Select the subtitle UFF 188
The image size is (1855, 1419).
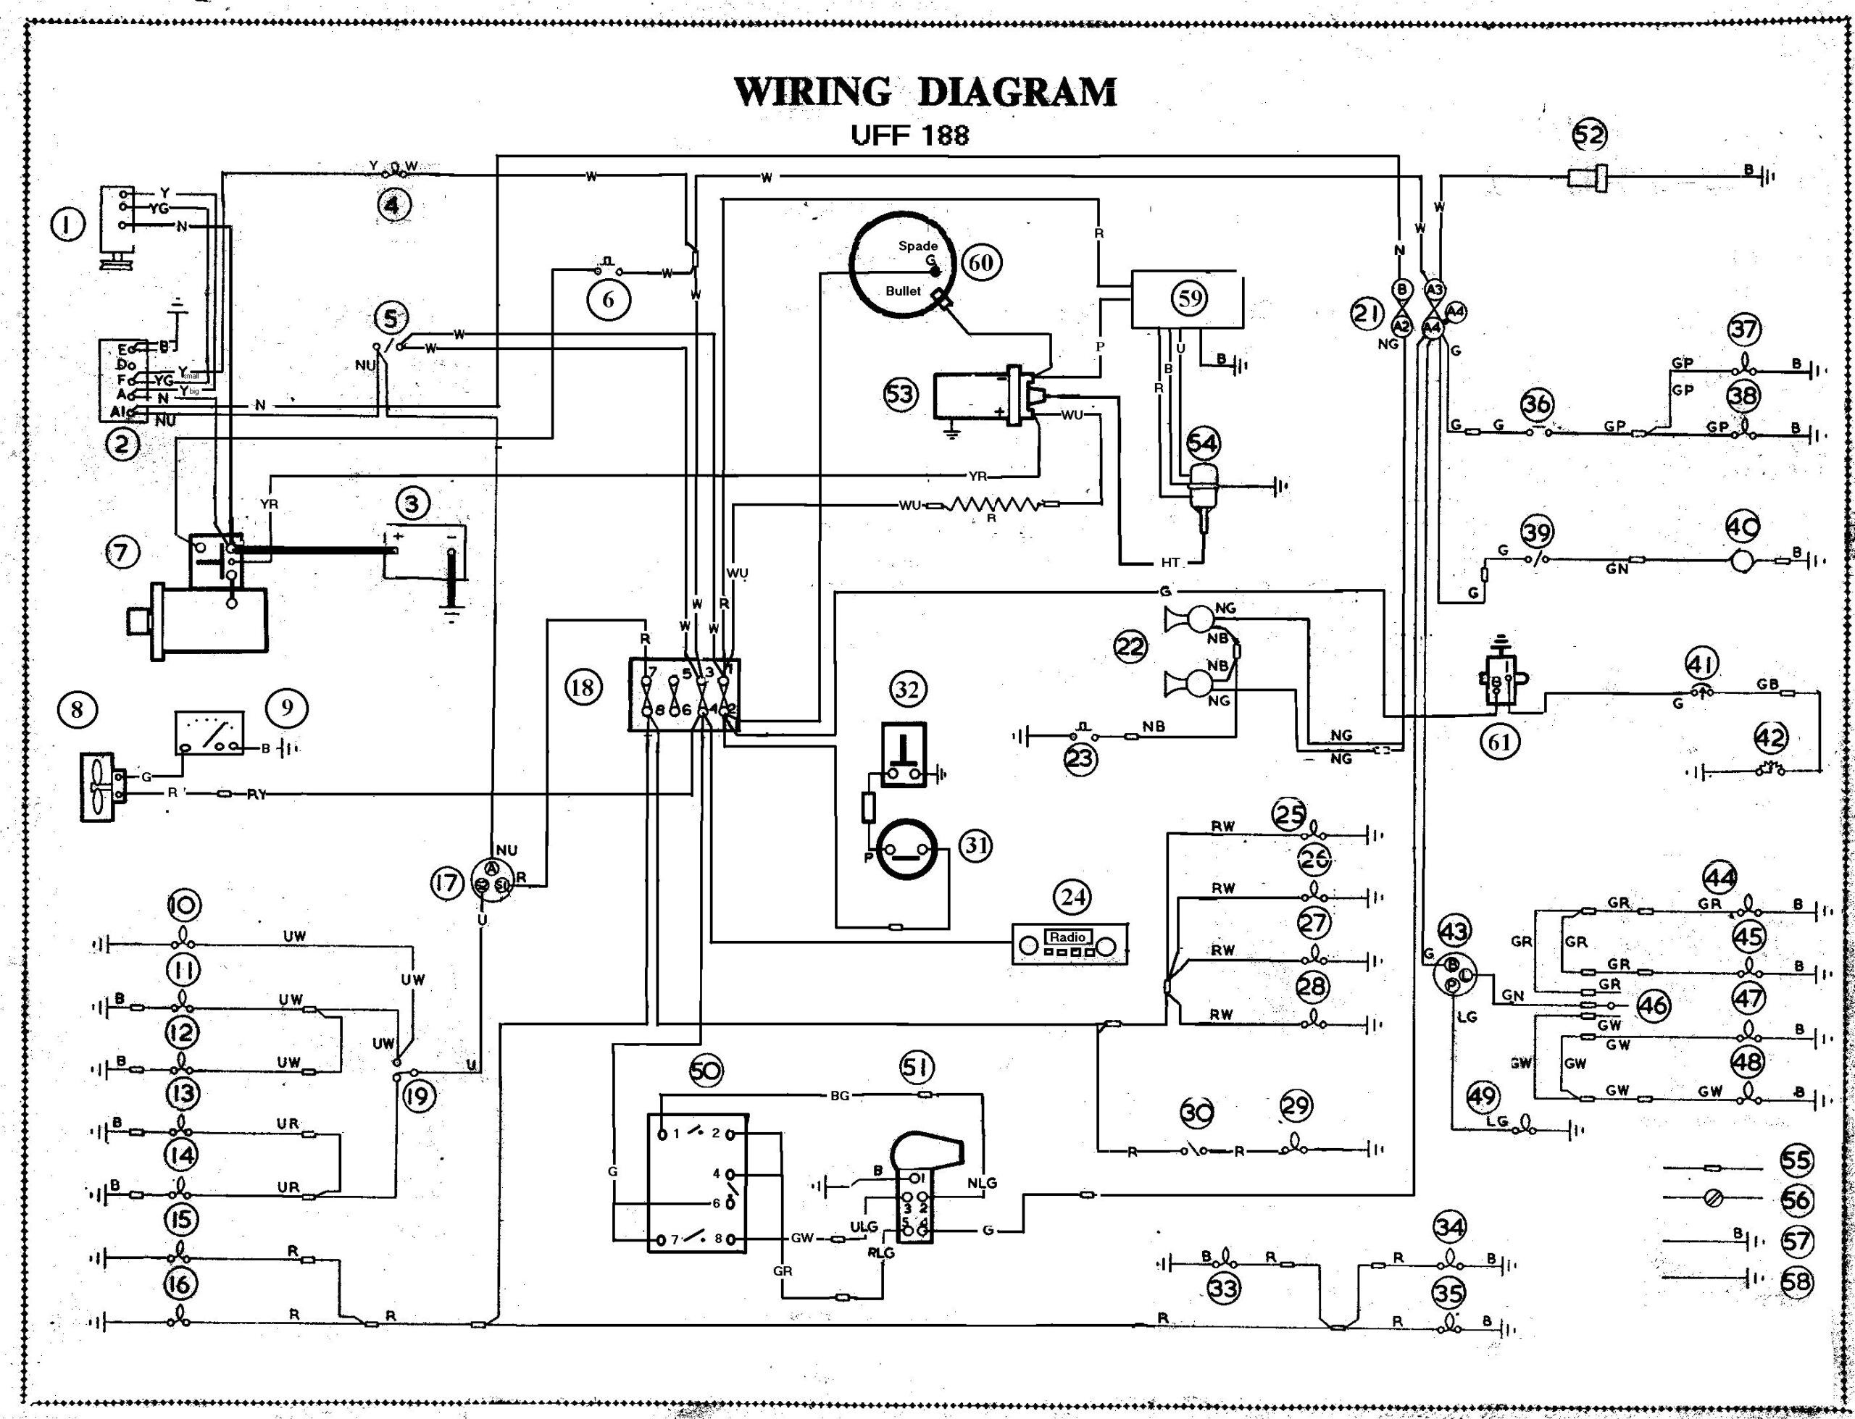pos(910,135)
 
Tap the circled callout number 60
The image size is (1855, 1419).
pos(980,263)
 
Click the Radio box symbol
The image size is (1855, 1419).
pos(1070,945)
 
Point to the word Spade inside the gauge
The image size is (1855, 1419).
pos(917,246)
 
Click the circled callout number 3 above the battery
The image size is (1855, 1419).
pos(412,504)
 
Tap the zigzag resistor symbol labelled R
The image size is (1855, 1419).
pos(993,505)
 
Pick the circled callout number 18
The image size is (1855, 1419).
pos(582,687)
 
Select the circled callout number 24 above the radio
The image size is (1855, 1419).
pos(1073,896)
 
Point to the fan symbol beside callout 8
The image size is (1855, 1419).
pos(99,785)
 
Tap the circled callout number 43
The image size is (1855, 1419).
pos(1453,932)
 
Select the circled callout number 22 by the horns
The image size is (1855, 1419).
pos(1130,648)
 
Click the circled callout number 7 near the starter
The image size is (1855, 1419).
pos(122,553)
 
